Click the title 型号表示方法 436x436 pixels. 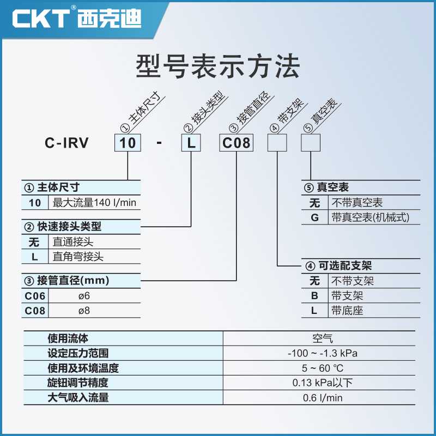218,67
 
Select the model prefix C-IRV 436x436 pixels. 66,143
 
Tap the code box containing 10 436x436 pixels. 128,143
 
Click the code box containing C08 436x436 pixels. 236,143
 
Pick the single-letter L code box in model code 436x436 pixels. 192,143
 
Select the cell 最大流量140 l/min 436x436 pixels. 94,203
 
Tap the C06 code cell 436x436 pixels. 35,296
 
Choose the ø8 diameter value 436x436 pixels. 84,311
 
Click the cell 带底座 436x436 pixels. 347,311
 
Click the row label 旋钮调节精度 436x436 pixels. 78,383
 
